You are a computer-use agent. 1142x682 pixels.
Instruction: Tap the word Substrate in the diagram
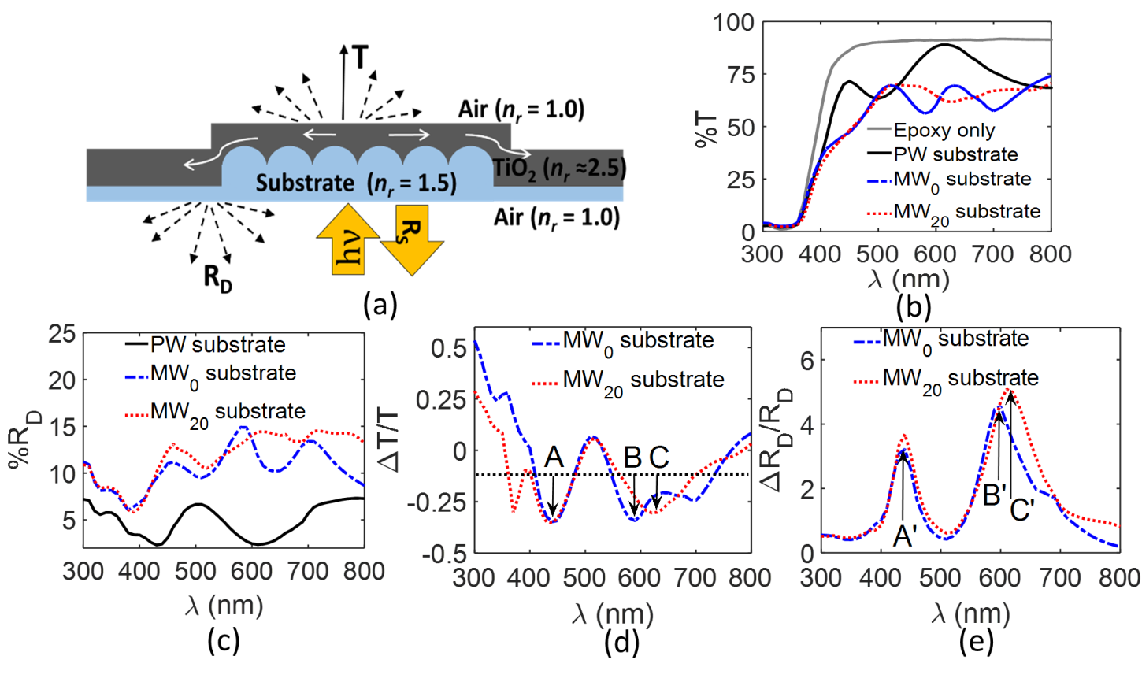point(305,183)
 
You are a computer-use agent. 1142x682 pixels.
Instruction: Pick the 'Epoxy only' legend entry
point(944,130)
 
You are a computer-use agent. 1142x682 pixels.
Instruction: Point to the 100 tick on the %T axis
point(739,22)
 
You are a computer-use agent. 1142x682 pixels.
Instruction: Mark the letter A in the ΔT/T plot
point(554,458)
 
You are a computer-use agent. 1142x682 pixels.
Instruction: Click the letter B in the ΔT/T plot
point(632,458)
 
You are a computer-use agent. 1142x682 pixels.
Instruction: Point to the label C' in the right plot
point(1022,511)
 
